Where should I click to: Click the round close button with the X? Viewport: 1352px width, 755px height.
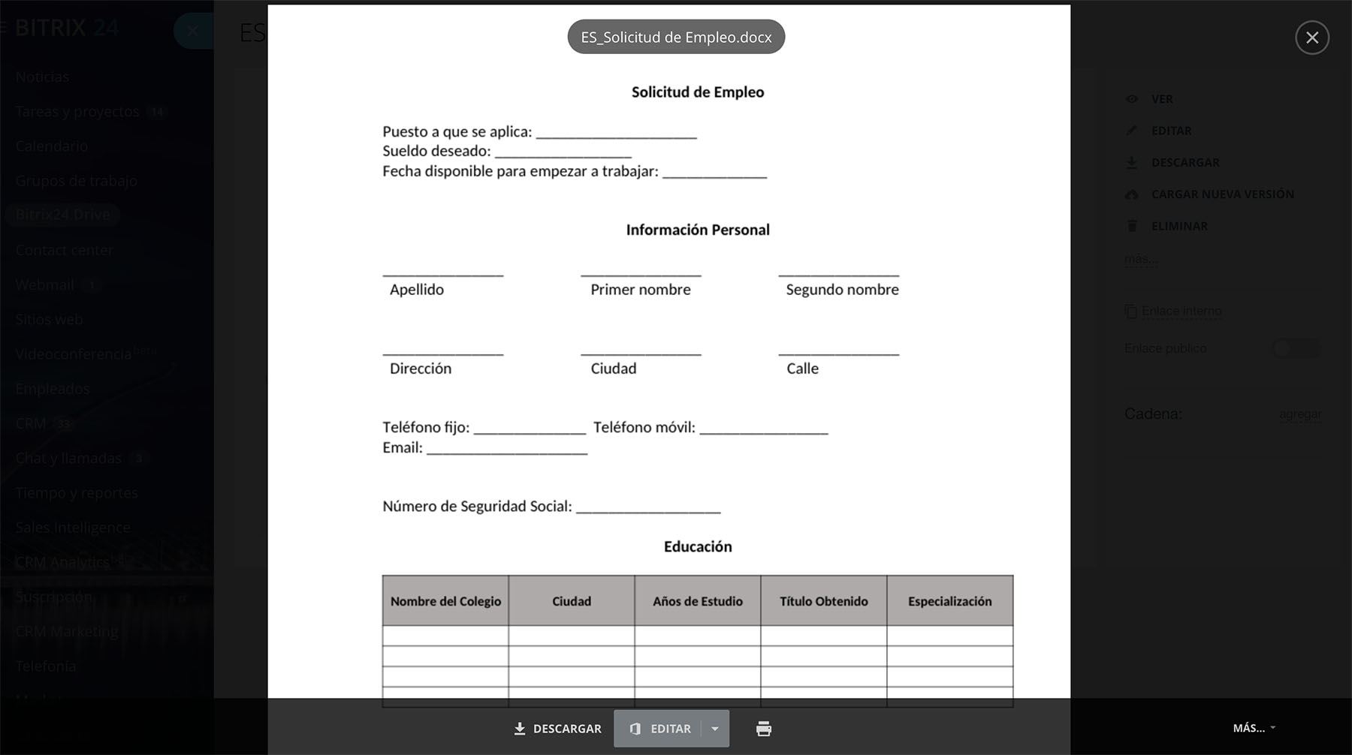pos(1311,38)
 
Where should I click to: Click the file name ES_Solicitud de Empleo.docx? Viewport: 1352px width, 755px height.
pos(676,38)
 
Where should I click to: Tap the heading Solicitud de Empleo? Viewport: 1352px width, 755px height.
pos(697,92)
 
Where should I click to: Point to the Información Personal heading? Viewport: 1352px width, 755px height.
pos(697,230)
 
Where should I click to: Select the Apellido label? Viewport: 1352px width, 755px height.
pos(417,290)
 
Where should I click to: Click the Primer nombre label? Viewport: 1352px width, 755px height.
pos(640,290)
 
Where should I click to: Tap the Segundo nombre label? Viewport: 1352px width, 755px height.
pos(841,290)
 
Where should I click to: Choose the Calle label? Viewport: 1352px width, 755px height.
pos(802,368)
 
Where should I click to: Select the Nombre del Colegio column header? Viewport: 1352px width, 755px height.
pos(445,601)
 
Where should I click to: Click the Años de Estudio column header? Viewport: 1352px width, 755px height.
pos(697,601)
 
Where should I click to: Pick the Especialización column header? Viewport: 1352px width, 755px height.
pos(949,601)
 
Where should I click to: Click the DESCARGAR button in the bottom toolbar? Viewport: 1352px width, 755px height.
pos(557,729)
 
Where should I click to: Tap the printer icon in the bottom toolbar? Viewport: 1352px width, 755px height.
pos(763,729)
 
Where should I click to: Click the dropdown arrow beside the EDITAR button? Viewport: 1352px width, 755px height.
pos(715,729)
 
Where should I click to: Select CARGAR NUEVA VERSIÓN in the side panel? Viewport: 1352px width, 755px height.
pos(1222,194)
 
